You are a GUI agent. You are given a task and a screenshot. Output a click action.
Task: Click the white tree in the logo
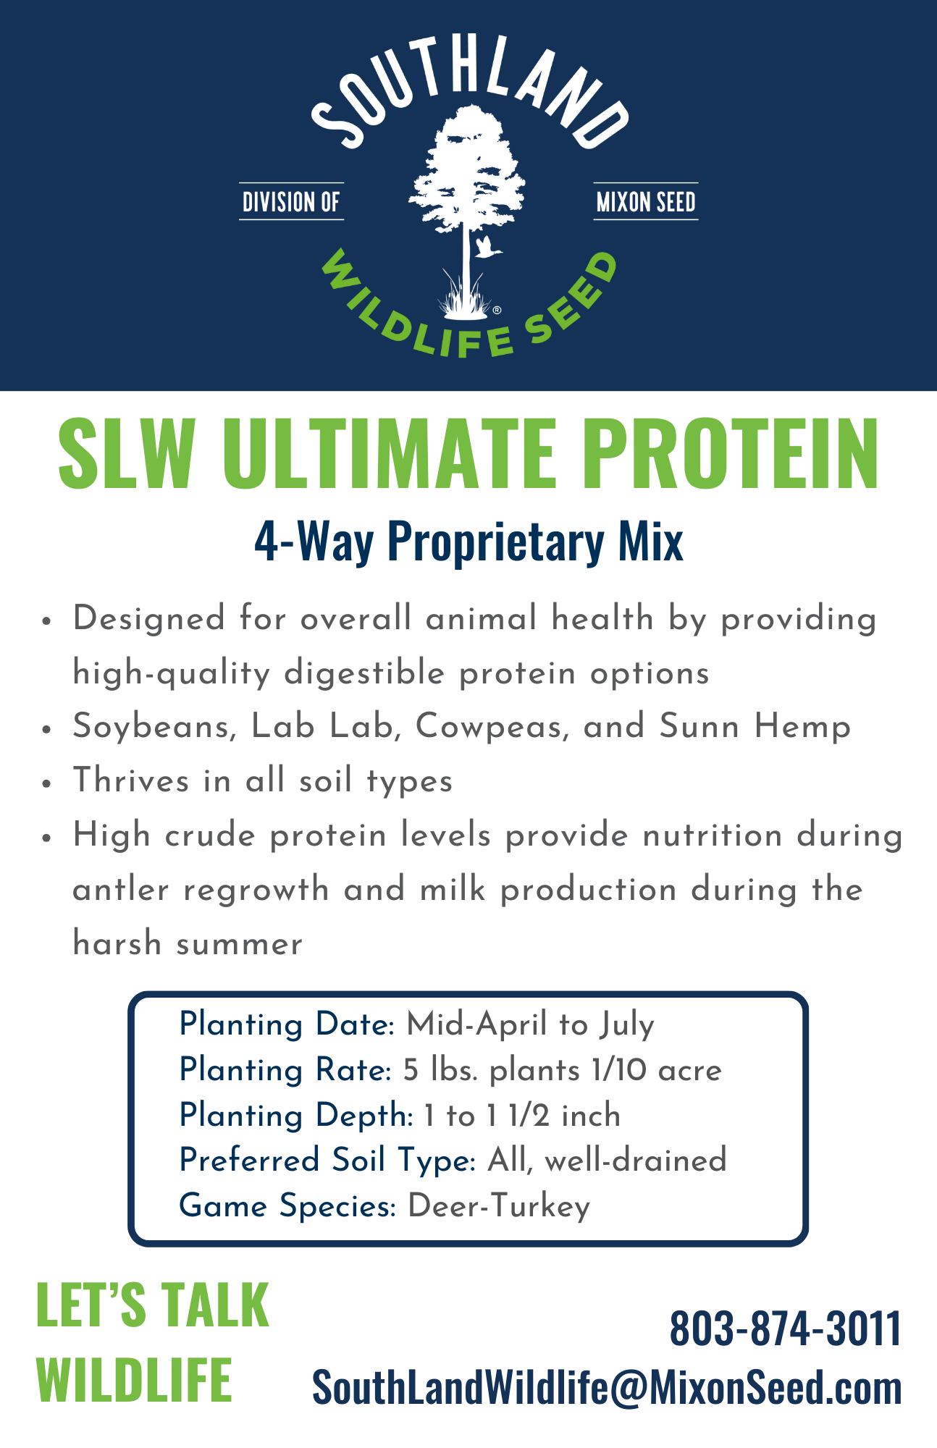tap(467, 210)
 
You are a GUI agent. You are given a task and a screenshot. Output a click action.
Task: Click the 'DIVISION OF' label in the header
tap(291, 201)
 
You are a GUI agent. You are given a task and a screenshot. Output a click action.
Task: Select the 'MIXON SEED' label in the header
tap(646, 201)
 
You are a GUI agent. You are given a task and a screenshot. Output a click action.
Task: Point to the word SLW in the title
tap(125, 454)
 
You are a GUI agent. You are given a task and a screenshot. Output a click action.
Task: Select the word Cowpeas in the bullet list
tap(492, 727)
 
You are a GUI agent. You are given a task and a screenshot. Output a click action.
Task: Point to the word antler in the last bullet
tap(120, 890)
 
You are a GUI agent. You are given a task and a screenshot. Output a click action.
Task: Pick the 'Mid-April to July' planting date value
tap(530, 1025)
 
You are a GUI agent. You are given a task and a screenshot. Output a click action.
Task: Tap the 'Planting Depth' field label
tap(293, 1116)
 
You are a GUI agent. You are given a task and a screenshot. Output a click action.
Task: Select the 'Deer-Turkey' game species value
tap(499, 1207)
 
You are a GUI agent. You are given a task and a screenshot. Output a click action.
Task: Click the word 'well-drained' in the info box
tap(635, 1161)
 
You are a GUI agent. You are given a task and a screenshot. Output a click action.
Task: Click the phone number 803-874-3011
tap(786, 1329)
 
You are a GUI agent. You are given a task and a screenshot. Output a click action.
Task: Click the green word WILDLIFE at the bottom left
tap(134, 1379)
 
